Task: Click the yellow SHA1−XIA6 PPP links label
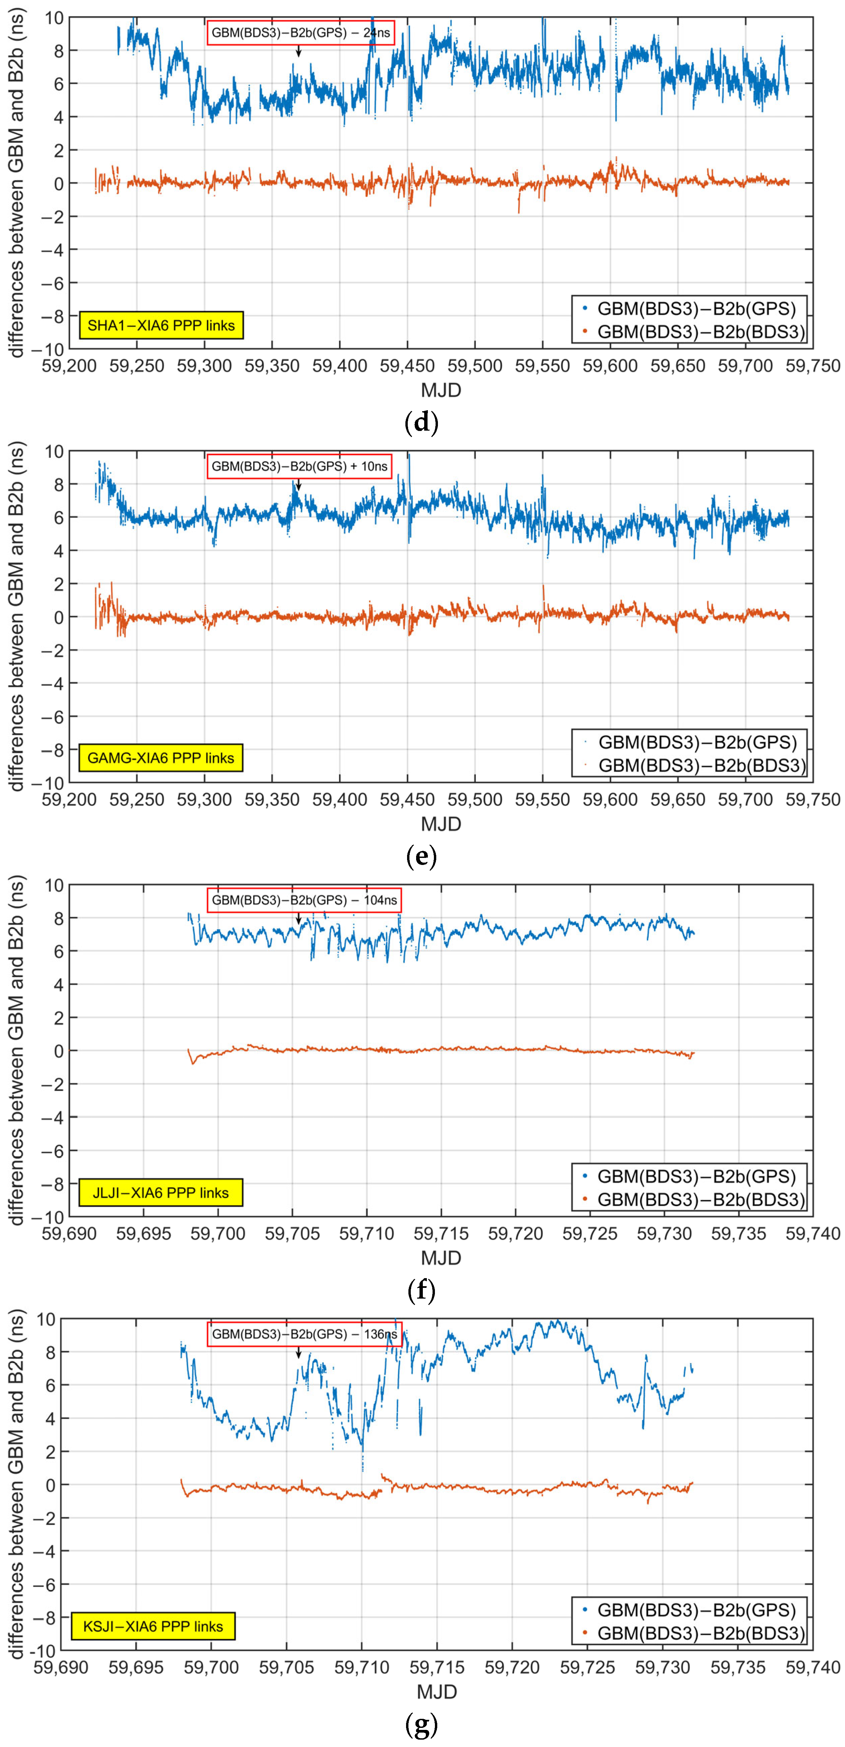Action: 161,326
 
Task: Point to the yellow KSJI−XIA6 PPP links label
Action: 153,1626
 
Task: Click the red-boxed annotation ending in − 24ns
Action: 300,33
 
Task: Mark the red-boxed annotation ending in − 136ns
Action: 304,1334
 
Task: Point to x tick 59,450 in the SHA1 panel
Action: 407,366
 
